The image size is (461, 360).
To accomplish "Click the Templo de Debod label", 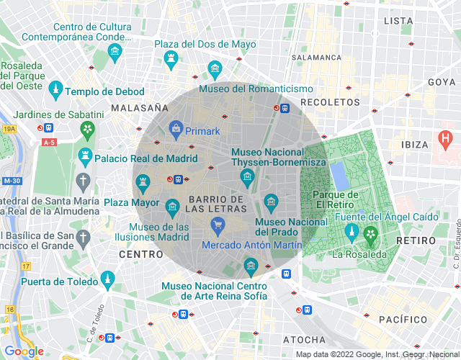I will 104,91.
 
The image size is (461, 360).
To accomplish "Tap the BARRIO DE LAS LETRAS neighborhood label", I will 215,204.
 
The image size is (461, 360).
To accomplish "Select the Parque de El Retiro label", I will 335,200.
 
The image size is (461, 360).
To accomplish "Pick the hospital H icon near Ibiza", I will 446,135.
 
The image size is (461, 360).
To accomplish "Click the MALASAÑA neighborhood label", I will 140,107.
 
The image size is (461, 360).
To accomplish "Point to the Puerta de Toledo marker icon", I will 107,278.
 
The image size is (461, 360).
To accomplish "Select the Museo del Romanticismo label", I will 256,89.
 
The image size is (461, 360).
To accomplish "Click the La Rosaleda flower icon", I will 371,233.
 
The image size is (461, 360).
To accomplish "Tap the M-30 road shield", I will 10,181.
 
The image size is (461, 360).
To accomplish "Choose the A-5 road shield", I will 48,143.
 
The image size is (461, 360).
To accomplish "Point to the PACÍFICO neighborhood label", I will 403,319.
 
